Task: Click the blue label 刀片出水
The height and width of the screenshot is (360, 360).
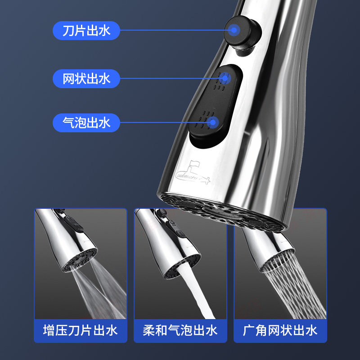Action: pos(86,31)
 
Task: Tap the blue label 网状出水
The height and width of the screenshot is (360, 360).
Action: pos(86,79)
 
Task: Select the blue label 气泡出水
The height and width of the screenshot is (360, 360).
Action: pos(86,122)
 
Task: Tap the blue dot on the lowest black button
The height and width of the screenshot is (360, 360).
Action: pos(213,122)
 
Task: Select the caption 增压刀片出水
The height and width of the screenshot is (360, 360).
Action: pos(80,331)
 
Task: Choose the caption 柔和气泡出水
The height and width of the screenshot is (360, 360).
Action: pos(180,331)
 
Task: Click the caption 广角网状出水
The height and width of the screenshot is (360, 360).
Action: pos(280,331)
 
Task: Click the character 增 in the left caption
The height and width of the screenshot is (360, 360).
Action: pos(49,331)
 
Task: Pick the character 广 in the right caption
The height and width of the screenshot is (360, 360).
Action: pos(249,331)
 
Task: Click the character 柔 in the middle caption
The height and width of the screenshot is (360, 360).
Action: pos(149,331)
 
